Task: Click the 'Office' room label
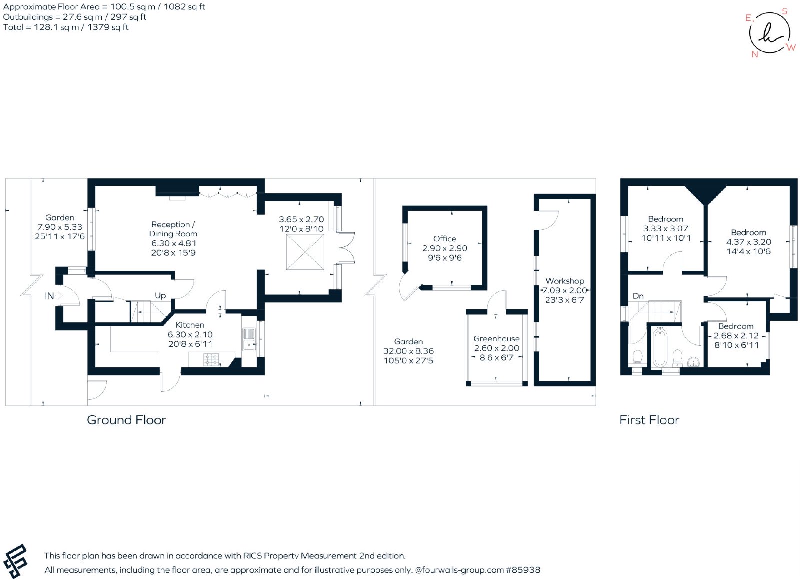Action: coord(444,239)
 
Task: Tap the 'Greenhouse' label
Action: coord(496,338)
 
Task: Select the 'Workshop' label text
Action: coord(564,281)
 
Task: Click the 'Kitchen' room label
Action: coord(190,325)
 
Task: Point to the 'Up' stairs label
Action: coord(160,295)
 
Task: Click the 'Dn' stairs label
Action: coord(638,296)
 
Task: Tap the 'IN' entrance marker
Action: coord(49,295)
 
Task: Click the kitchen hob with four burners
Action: coord(211,359)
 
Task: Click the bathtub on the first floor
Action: coord(660,348)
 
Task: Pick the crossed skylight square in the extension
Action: coord(305,252)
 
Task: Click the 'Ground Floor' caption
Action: coord(127,420)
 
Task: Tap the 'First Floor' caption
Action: coord(649,420)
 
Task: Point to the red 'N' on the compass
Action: coord(754,54)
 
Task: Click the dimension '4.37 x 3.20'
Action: coord(748,242)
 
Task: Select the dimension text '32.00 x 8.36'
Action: coord(408,351)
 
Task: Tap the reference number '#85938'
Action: coord(523,570)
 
